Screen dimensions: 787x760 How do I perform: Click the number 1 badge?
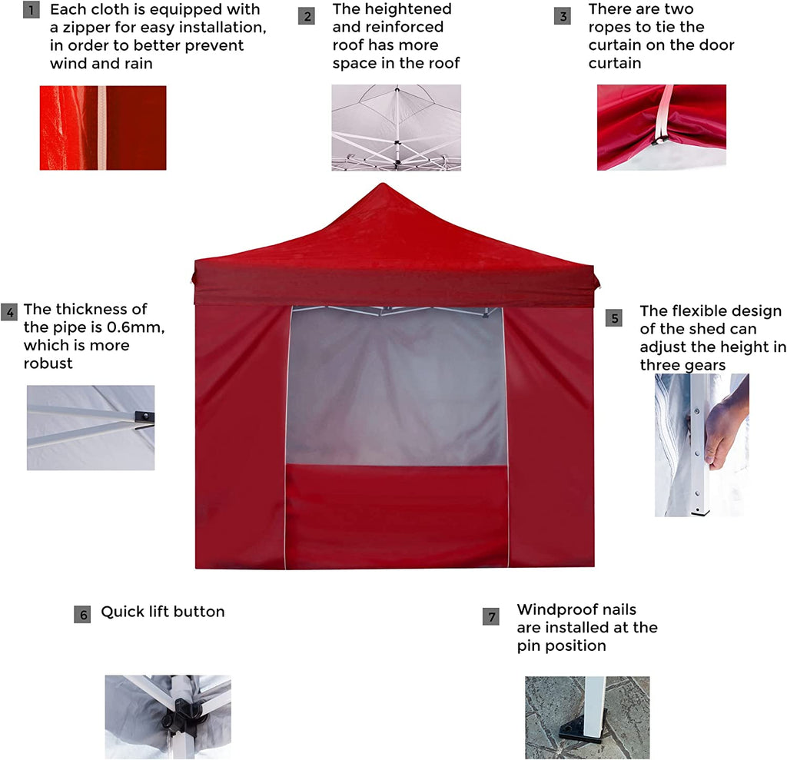[31, 10]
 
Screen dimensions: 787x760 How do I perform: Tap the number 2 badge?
[307, 16]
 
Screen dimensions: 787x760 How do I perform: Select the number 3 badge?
[563, 16]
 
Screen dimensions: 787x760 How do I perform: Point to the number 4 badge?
[9, 312]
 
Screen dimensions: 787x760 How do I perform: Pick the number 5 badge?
[614, 318]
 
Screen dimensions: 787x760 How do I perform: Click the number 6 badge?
[82, 615]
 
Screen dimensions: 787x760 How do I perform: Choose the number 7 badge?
[491, 616]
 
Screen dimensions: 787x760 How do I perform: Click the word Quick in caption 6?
[120, 612]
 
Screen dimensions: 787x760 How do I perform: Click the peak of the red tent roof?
[383, 184]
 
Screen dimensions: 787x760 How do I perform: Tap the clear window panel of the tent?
[396, 387]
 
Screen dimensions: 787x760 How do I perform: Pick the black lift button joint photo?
[168, 717]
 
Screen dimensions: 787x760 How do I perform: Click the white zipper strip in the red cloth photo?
[102, 128]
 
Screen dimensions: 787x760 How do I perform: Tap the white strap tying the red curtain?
[663, 114]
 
